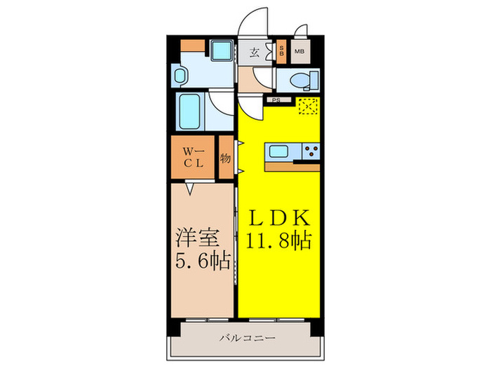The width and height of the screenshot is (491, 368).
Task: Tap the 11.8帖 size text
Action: click(x=279, y=242)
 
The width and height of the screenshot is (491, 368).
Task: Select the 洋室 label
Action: click(x=193, y=235)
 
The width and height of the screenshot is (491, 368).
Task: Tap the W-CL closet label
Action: click(x=194, y=157)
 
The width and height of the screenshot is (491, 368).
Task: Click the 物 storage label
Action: click(x=226, y=158)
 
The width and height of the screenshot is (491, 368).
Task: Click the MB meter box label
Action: click(x=299, y=51)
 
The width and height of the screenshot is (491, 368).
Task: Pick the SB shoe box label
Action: click(x=282, y=51)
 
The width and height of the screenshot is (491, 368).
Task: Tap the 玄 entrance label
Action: click(x=255, y=51)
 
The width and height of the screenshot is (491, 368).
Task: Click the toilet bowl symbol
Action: click(x=299, y=81)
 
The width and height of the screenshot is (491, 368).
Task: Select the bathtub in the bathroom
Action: click(x=191, y=111)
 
